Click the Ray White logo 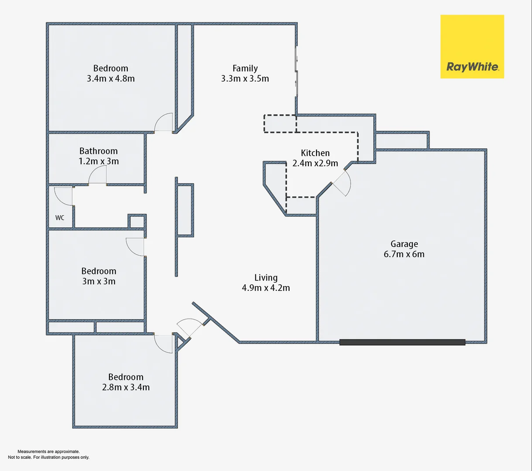coord(472,47)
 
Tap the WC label coord(60,218)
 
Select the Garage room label coord(404,244)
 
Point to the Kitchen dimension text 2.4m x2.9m coord(315,164)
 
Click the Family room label coord(245,68)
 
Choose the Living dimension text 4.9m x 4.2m coord(266,288)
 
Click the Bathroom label coord(99,151)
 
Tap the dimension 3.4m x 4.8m coord(111,79)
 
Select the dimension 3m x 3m coord(99,281)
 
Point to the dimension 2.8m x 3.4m coord(126,387)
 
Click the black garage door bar coord(402,342)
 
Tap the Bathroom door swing coord(98,176)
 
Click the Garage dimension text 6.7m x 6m coord(404,254)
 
